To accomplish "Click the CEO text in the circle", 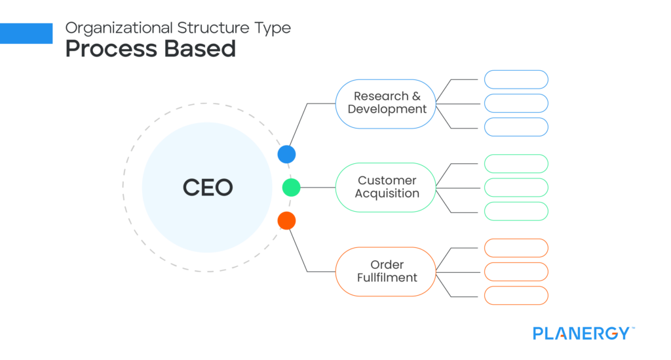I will point(207,188).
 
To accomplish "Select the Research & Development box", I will point(386,104).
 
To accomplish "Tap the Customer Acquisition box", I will point(386,188).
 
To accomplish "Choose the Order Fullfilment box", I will point(386,271).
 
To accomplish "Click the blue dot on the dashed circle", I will point(286,154).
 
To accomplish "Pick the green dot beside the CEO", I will point(291,188).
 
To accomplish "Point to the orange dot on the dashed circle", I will point(286,221).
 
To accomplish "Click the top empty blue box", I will point(516,79).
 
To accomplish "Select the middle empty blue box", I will point(516,104).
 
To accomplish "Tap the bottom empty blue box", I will point(516,127).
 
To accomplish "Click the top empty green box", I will point(516,163).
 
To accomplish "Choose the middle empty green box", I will point(516,188).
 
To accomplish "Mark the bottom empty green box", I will point(516,211).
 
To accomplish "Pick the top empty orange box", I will point(516,248).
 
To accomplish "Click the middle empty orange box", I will point(516,271).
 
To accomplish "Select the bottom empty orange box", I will point(516,295).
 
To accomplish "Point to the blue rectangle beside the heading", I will point(26,33).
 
